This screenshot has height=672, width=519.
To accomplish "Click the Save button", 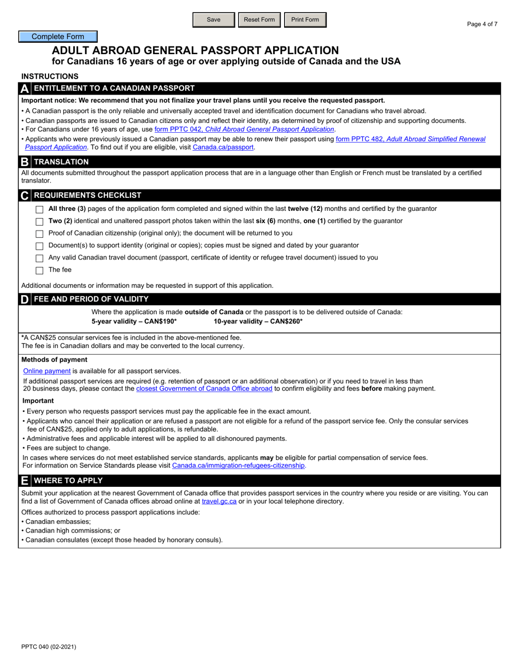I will tap(214, 20).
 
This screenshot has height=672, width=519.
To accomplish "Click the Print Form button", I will tap(305, 20).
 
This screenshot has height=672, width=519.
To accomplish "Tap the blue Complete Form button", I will tap(58, 37).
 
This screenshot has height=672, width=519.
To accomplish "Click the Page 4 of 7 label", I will tap(482, 24).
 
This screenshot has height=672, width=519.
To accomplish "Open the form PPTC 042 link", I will tap(244, 129).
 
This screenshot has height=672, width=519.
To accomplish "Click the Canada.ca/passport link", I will tap(223, 147).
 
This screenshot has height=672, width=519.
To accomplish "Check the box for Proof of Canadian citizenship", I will tap(39, 234).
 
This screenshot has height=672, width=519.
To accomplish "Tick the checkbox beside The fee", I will tap(39, 270).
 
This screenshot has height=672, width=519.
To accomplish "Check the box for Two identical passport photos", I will tap(39, 222).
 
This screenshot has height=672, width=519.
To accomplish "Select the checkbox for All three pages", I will tap(39, 210).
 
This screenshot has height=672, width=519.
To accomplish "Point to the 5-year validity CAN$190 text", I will tap(134, 321).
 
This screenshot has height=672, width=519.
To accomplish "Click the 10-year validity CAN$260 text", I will tap(258, 321).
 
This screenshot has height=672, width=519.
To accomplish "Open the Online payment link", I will tap(47, 371).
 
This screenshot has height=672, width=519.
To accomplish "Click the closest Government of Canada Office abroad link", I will tap(204, 388).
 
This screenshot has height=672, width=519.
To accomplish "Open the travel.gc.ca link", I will tap(219, 501).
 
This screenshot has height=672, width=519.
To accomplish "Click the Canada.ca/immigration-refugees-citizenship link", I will tap(239, 465).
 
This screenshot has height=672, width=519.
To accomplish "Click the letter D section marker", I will tap(25, 299).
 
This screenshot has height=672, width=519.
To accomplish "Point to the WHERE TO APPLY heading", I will tap(68, 480).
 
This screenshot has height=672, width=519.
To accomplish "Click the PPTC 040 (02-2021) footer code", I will tap(49, 647).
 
